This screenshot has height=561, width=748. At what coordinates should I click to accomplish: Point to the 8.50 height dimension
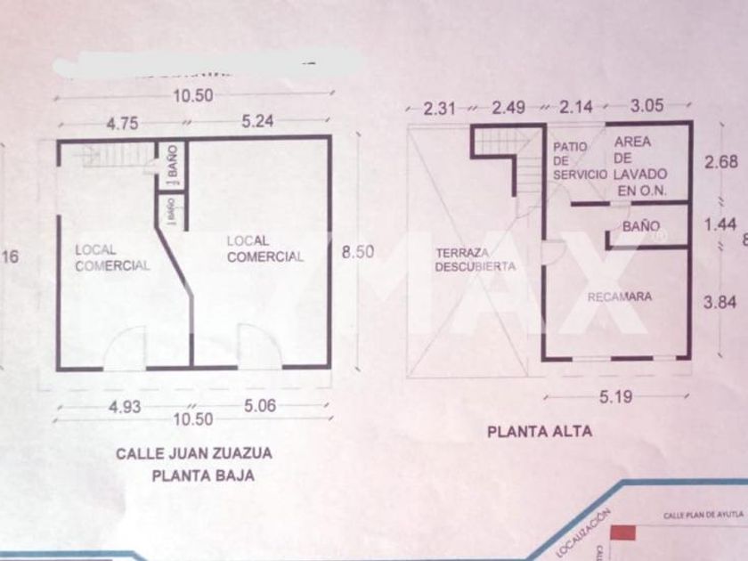[357, 252]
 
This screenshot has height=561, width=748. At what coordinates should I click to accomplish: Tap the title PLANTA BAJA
[203, 476]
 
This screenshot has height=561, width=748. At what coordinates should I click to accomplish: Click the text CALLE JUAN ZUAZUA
[194, 453]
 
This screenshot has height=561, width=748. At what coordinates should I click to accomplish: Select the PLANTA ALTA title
[539, 432]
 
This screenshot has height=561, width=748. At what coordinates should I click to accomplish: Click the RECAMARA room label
[620, 297]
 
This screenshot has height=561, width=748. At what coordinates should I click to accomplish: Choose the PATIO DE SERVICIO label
[579, 160]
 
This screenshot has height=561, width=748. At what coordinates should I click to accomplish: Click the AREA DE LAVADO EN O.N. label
[638, 167]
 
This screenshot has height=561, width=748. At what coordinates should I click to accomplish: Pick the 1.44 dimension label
[720, 225]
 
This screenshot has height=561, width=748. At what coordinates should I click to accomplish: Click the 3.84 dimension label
[720, 303]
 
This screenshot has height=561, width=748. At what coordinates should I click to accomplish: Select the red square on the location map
[622, 533]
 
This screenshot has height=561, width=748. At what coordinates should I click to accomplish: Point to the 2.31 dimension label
[440, 109]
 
